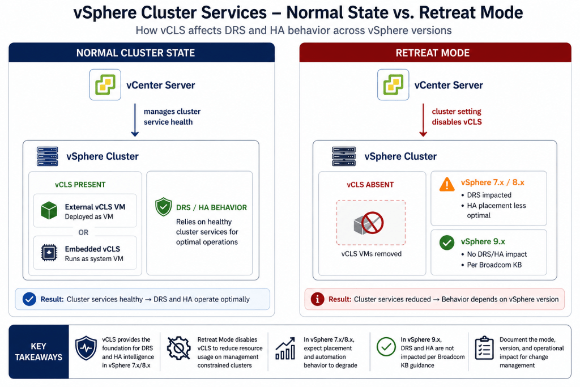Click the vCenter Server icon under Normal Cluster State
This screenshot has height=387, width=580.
[x=105, y=85]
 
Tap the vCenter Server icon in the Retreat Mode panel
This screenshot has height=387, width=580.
[x=393, y=85]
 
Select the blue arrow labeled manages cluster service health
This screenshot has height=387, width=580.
[x=135, y=120]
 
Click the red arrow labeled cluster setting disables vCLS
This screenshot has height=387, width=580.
[x=423, y=120]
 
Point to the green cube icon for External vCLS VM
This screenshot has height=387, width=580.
[x=49, y=211]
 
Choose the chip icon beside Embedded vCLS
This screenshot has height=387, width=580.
[x=49, y=253]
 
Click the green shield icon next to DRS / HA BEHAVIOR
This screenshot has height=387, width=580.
[x=164, y=207]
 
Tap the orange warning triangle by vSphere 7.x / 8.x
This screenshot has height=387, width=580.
[x=447, y=184]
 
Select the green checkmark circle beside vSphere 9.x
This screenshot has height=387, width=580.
[x=447, y=243]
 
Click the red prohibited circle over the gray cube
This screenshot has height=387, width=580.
[x=373, y=223]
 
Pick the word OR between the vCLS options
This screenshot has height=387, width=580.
[x=83, y=232]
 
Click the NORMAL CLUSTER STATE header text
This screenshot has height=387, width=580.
[x=136, y=53]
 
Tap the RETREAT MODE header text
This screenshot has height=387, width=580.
[x=433, y=53]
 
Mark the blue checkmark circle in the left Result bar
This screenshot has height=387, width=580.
[x=29, y=299]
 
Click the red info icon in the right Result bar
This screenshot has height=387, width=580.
[x=317, y=299]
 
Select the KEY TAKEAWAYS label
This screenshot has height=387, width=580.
[x=39, y=351]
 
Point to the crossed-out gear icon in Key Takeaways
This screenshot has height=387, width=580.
[x=178, y=348]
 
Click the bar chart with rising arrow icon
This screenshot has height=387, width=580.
[x=285, y=348]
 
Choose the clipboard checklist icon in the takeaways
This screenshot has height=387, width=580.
[x=484, y=348]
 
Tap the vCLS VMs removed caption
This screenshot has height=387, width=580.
[x=372, y=254]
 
